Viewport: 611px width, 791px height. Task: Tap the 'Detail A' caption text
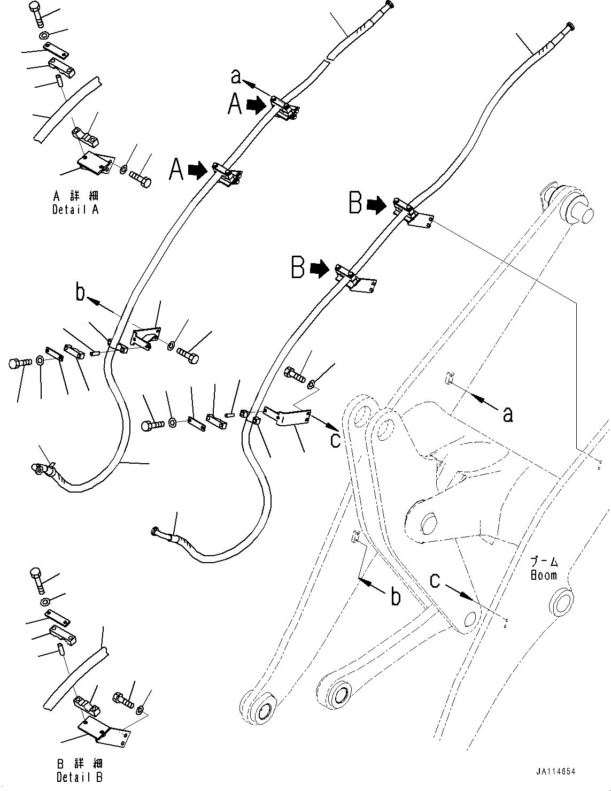point(75,210)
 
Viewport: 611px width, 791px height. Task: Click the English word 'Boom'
point(544,575)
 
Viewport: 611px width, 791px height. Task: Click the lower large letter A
point(177,171)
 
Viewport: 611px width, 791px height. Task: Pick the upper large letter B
point(356,203)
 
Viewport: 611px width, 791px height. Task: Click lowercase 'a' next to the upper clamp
point(236,78)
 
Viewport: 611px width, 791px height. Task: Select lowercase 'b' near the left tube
point(81,293)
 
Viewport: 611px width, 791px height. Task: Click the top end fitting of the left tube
point(389,5)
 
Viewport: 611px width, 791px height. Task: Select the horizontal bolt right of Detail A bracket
point(141,178)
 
